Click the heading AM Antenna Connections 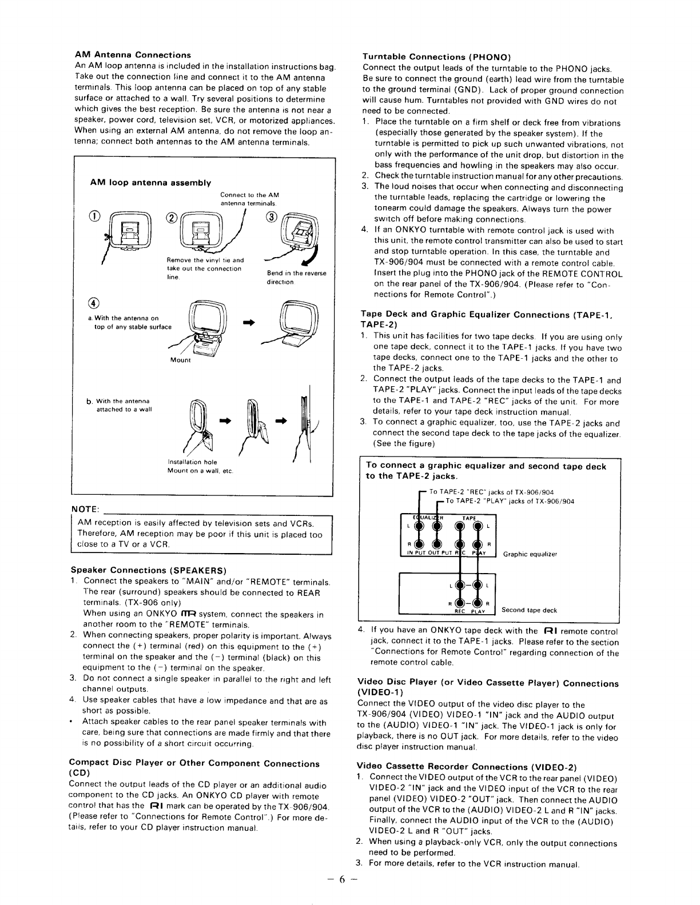click(133, 55)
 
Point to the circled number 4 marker click(94, 303)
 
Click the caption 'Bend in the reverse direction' click(296, 278)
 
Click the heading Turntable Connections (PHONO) click(436, 57)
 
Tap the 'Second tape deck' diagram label click(529, 610)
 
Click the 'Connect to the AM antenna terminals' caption click(249, 199)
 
